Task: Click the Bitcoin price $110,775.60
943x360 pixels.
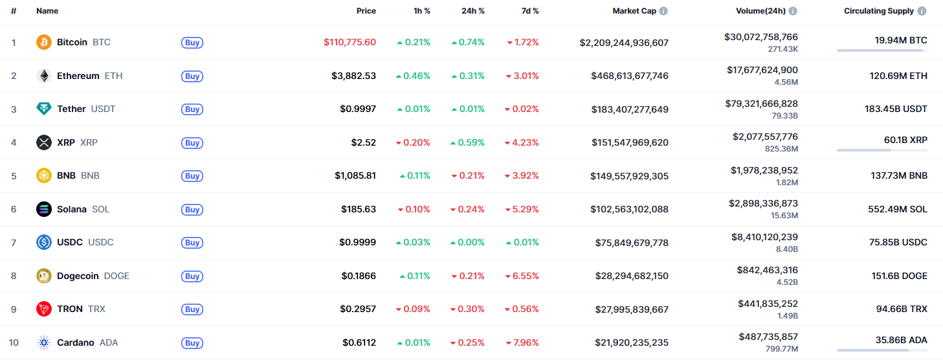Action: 349,42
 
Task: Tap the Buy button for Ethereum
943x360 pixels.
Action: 192,76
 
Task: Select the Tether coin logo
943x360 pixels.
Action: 44,109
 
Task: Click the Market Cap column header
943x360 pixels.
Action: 634,11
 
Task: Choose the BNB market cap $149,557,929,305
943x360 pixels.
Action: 629,176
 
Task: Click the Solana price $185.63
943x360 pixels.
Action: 359,209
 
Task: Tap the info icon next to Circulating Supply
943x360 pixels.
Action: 922,11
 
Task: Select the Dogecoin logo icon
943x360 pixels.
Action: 44,276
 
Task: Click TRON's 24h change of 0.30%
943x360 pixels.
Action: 467,309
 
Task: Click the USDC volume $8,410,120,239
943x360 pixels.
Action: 763,237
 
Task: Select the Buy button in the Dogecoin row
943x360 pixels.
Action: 192,276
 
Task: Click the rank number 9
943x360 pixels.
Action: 14,309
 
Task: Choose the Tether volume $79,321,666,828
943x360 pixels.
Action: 762,104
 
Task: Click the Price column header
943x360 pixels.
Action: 366,11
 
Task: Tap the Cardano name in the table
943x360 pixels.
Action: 75,343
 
